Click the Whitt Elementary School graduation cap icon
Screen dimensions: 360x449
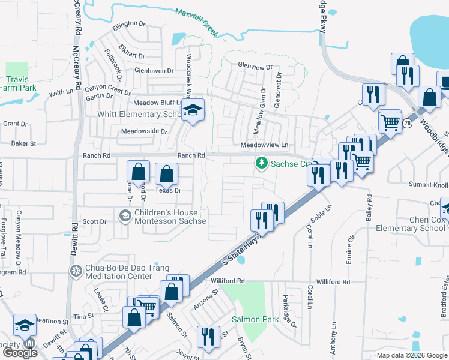pyautogui.click(x=194, y=110)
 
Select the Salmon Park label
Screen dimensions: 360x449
pyautogui.click(x=255, y=320)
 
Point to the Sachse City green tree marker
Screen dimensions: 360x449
pyautogui.click(x=262, y=163)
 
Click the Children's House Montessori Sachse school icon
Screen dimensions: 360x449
pyautogui.click(x=125, y=215)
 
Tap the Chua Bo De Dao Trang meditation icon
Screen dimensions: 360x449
pyautogui.click(x=76, y=271)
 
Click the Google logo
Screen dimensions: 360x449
pyautogui.click(x=19, y=353)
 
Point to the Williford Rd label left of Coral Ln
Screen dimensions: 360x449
pyautogui.click(x=228, y=281)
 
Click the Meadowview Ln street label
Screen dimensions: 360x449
pyautogui.click(x=265, y=145)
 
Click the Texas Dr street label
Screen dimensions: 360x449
pyautogui.click(x=168, y=190)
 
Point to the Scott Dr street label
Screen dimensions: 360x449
pyautogui.click(x=94, y=221)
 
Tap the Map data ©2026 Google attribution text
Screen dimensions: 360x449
pyautogui.click(x=411, y=355)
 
